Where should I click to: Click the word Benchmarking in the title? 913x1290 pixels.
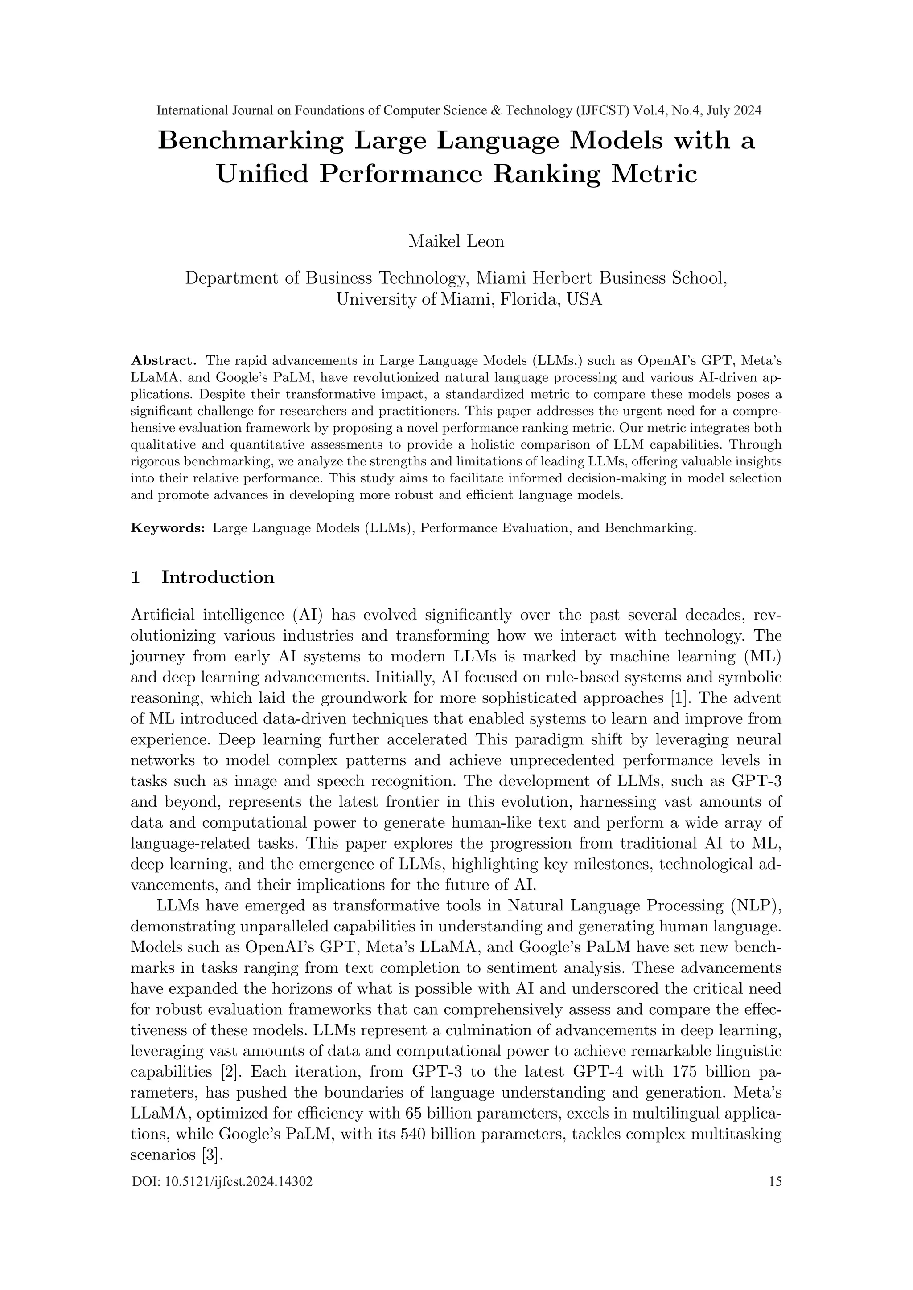click(x=250, y=140)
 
